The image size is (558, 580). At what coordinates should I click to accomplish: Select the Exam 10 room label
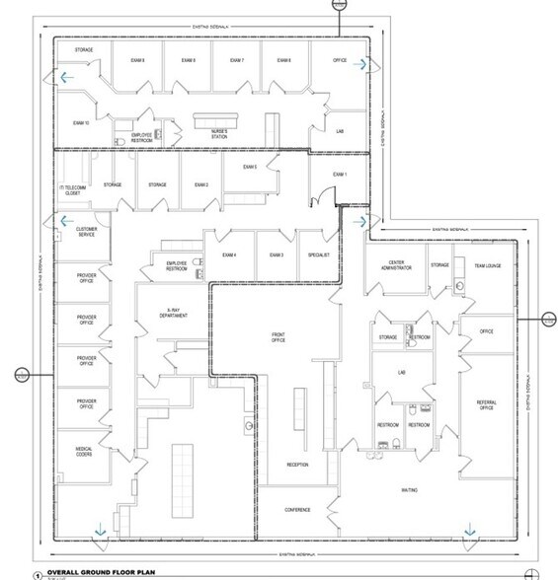pos(81,122)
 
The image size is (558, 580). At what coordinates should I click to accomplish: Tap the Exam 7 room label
pos(237,61)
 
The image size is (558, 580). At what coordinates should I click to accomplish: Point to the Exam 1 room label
pos(341,174)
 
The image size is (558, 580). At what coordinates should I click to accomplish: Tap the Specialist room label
pos(318,255)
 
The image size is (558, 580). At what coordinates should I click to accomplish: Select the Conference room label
pos(298,510)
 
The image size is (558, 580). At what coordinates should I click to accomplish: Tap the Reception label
pos(298,464)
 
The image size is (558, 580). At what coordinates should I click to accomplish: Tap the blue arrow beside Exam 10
pos(64,74)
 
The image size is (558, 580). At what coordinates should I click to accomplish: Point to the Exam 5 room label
pos(249,167)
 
